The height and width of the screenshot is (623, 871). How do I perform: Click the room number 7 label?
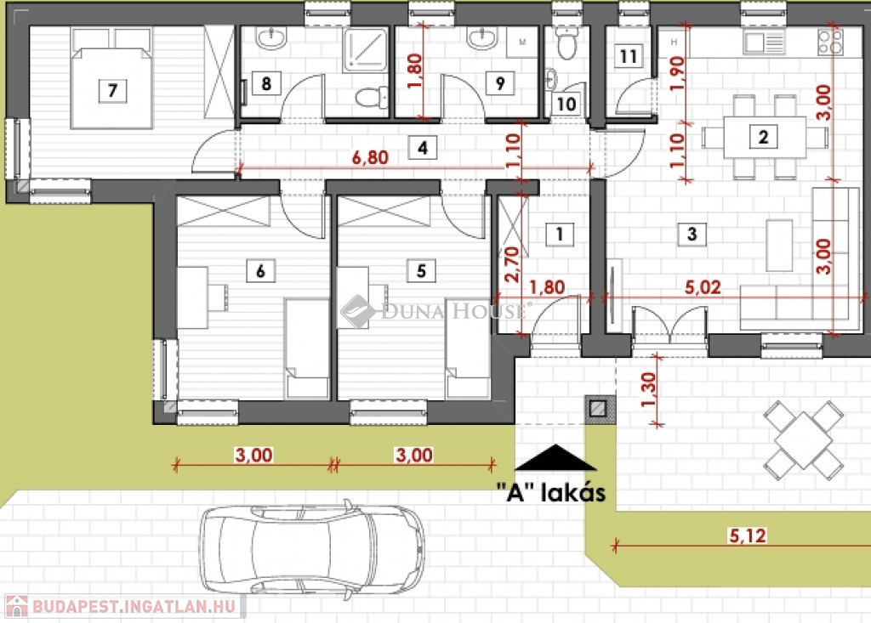pos(113,90)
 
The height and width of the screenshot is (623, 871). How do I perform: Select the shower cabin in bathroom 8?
pos(365,50)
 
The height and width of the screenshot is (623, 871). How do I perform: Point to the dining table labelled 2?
pos(764,137)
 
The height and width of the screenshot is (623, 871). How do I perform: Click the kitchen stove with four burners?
pos(830,42)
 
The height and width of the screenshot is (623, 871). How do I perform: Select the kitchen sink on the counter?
pos(764,42)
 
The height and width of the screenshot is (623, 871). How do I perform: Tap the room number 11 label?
pos(629,56)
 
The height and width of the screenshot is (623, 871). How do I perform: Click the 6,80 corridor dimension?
pos(370,158)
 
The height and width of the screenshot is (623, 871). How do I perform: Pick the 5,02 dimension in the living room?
pos(703,287)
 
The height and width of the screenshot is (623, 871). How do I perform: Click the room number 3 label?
pos(692,234)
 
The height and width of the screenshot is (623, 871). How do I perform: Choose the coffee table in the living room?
pos(779,245)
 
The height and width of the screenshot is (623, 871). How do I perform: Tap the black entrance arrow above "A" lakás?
pos(555,457)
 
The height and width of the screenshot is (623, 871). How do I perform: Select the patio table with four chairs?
pos(804,440)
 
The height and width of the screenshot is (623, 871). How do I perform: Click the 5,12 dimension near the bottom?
pos(747,535)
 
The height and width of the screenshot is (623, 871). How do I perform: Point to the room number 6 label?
pos(260,271)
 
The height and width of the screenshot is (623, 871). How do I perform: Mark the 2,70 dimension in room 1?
pos(512,264)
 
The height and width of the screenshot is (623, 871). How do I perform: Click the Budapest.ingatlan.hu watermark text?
pos(134,606)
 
